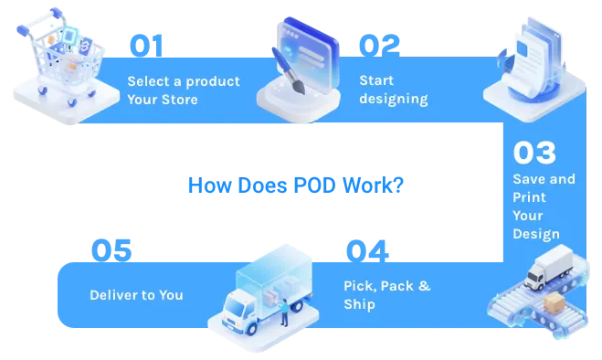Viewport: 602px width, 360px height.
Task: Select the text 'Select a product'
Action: [x=184, y=80]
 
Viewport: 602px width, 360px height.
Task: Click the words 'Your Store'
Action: [x=162, y=99]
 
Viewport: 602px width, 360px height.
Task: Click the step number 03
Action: [x=534, y=153]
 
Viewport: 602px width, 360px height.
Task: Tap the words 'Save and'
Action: [x=544, y=179]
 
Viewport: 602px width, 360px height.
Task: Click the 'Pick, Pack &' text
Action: [x=386, y=286]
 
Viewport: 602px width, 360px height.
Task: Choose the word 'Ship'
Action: [x=359, y=303]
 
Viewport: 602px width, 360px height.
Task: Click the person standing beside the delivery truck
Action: [x=284, y=311]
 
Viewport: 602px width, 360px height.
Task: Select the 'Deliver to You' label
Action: [x=136, y=295]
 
